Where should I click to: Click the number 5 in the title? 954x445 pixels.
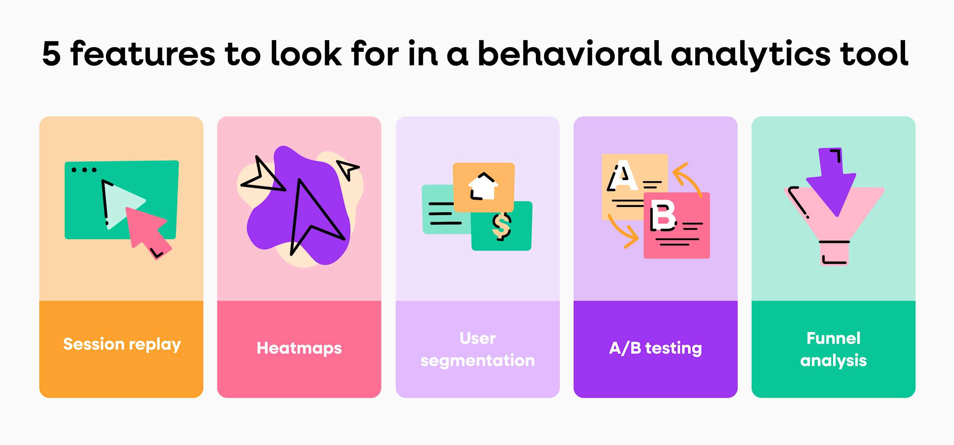(x=52, y=54)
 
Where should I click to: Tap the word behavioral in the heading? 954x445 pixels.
(x=569, y=54)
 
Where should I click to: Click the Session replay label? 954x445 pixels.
(x=122, y=344)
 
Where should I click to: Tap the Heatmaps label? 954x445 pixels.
(x=299, y=348)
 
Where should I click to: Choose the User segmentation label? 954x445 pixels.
(x=477, y=349)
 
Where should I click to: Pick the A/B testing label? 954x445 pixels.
(x=655, y=348)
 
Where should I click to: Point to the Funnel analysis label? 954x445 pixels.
(x=833, y=349)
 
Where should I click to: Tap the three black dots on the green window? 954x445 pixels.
(x=84, y=170)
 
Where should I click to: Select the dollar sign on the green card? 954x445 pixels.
(x=502, y=226)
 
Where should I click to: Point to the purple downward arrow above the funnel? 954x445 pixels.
(x=831, y=180)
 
